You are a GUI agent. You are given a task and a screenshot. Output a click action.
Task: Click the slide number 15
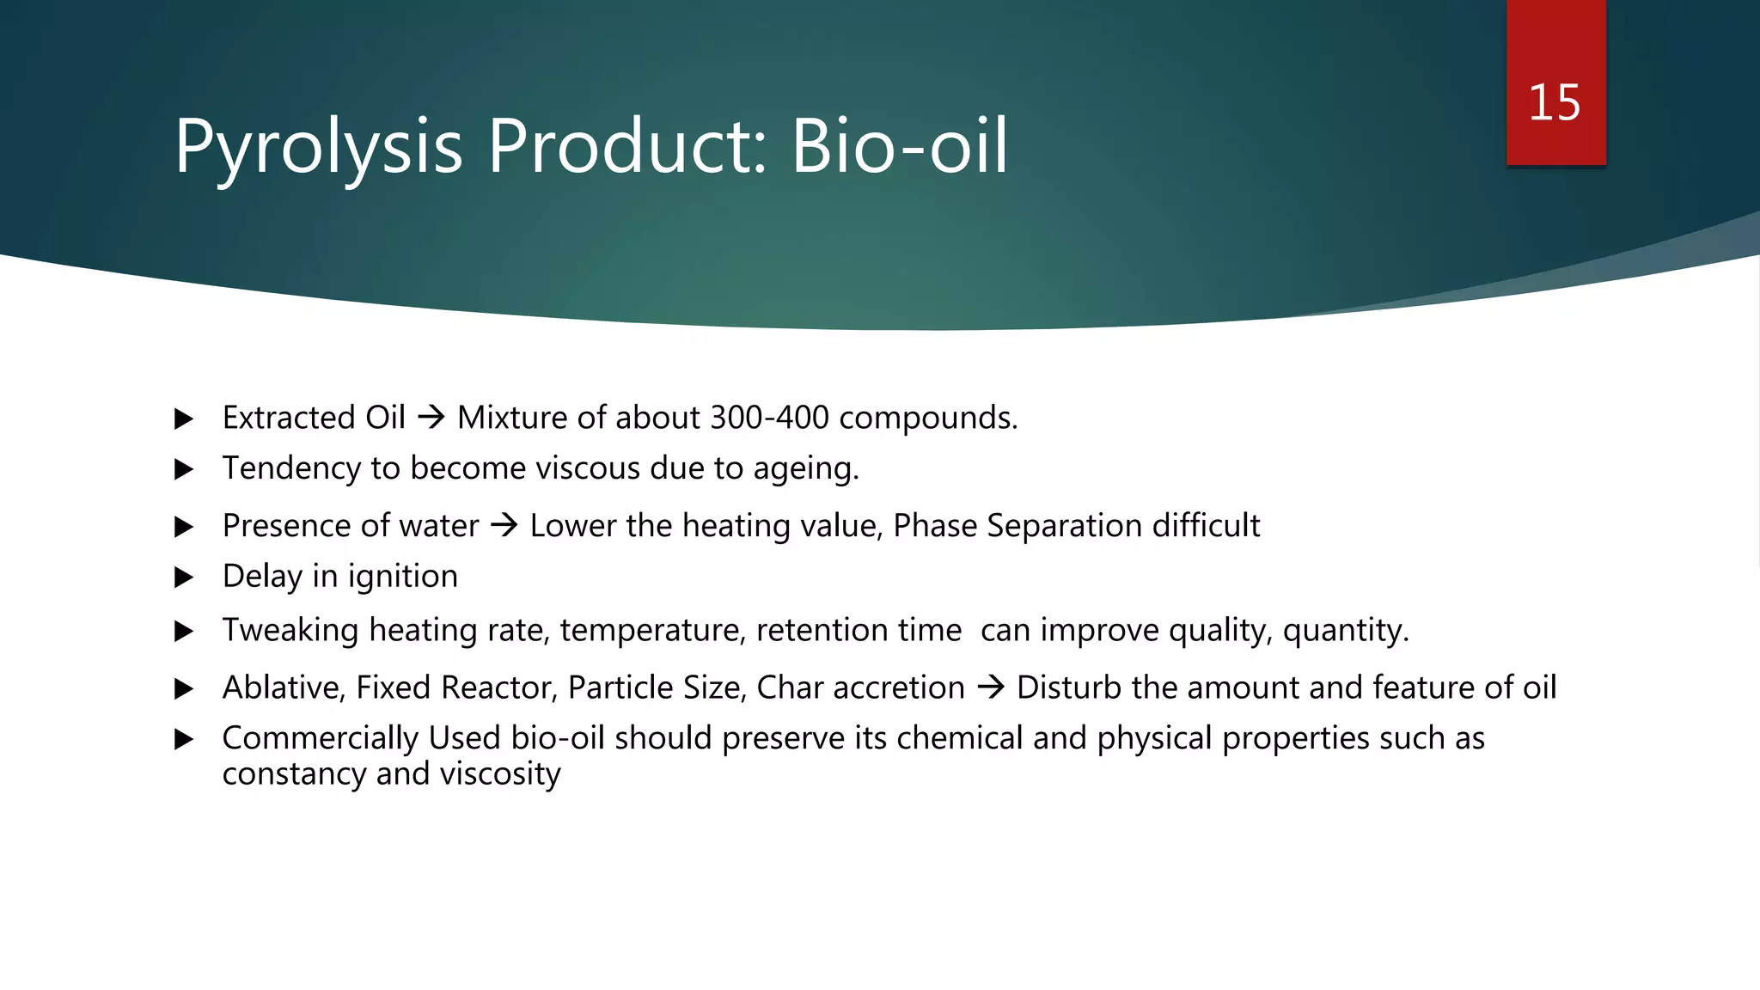[x=1554, y=103]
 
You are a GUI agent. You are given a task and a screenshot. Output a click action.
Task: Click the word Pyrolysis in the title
[x=318, y=148]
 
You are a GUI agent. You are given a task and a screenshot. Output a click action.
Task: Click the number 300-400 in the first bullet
[x=769, y=418]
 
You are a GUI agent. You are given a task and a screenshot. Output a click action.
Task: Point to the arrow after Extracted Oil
[x=431, y=418]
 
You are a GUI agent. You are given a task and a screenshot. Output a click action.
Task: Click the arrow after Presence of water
[x=504, y=525]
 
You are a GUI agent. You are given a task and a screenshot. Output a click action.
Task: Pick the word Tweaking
[x=290, y=631]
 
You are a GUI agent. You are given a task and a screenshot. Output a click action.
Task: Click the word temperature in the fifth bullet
[x=652, y=631]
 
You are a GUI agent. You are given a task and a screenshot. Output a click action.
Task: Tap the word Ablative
[x=284, y=688]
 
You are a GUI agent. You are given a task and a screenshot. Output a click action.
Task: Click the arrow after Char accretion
[x=991, y=687]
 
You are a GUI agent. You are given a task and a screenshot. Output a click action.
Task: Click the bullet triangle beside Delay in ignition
[x=184, y=577]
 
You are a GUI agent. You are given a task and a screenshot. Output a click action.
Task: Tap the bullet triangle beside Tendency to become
[x=184, y=469]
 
